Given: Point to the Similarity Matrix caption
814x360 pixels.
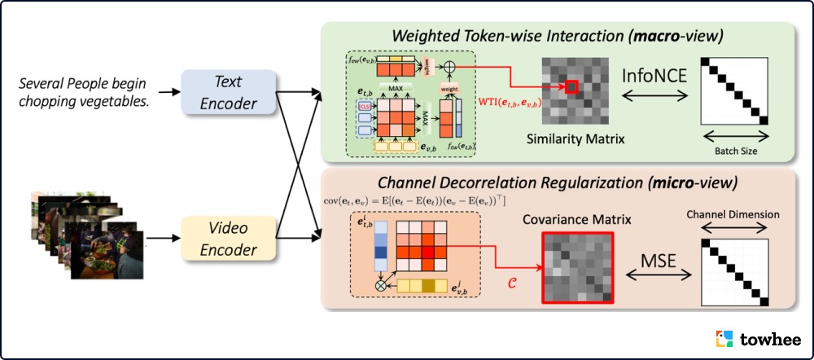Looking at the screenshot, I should tap(575, 139).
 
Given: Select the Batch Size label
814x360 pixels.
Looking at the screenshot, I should tap(737, 151).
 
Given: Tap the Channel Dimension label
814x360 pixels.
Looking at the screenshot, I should tap(733, 215).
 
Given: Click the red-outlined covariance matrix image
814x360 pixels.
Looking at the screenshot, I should tap(578, 268).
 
